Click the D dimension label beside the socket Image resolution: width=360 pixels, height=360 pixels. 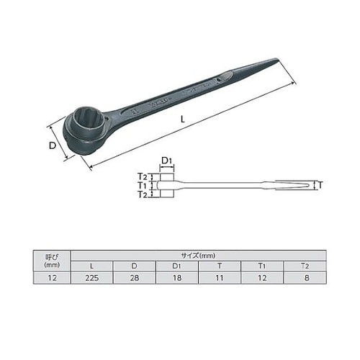tap(53, 146)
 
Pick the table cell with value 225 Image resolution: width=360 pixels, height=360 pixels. tap(91, 277)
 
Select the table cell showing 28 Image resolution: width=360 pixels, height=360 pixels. tap(133, 277)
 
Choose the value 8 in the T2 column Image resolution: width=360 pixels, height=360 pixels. tap(305, 277)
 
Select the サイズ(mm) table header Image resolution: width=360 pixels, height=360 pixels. tap(198, 254)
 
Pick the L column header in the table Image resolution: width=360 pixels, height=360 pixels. tap(91, 266)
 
